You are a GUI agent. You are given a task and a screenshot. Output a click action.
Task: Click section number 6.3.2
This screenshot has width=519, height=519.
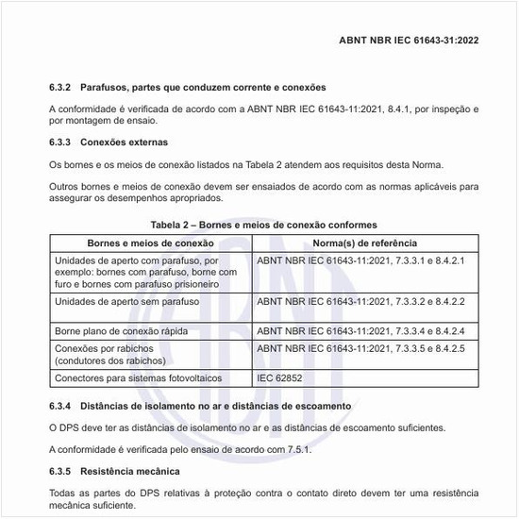click(x=61, y=88)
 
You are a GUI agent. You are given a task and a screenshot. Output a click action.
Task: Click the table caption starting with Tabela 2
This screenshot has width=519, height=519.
click(x=263, y=226)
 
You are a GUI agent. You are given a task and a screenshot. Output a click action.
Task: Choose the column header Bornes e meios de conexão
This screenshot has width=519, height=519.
click(x=150, y=243)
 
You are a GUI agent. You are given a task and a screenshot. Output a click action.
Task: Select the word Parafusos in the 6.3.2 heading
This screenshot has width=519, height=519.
click(x=111, y=88)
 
